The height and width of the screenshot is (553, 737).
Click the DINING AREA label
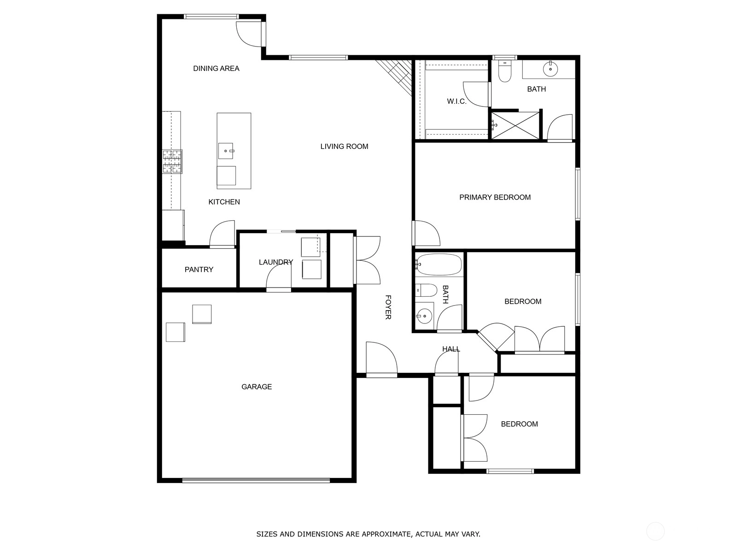point(216,69)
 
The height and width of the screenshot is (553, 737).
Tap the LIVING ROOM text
point(344,147)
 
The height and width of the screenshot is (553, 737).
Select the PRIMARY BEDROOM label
point(495,197)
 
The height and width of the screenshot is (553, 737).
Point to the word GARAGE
point(257,387)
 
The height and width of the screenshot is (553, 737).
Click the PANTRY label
point(199,270)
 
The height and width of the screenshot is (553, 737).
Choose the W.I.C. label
point(456,101)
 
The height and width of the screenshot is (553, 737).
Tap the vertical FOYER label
point(388,307)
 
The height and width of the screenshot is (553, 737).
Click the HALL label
point(451,349)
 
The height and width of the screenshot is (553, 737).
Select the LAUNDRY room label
point(275,262)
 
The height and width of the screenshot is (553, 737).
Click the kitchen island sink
point(226,151)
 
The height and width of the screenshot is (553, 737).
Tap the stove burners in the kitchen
point(172,161)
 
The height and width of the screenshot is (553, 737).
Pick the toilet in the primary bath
point(505,71)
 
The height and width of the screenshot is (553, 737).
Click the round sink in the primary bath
point(550,69)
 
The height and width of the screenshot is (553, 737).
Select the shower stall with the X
point(515,125)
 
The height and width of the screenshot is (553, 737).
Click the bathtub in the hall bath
point(439,265)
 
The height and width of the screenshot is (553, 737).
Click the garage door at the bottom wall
point(256,481)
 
